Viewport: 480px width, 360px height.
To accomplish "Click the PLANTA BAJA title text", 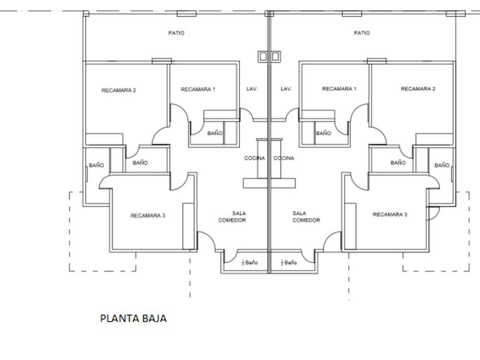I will pyautogui.click(x=133, y=318).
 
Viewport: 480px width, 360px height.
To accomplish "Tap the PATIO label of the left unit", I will pyautogui.click(x=177, y=33).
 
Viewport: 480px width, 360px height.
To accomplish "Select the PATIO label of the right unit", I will pyautogui.click(x=362, y=33).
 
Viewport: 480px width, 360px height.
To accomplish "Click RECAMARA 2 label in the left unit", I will pyautogui.click(x=118, y=90).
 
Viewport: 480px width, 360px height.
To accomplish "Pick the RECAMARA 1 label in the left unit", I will pyautogui.click(x=198, y=89).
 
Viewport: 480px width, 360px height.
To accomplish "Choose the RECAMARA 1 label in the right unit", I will pyautogui.click(x=339, y=89).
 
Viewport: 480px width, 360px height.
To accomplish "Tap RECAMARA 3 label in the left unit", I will pyautogui.click(x=147, y=215).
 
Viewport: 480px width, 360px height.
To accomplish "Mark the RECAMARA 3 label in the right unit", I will pyautogui.click(x=390, y=215).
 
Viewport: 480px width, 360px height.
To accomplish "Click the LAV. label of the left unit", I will pyautogui.click(x=252, y=89).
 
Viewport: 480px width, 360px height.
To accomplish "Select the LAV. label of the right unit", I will pyautogui.click(x=286, y=89).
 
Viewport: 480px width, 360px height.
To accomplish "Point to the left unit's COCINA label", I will pyautogui.click(x=255, y=158).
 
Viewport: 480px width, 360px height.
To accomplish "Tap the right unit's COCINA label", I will pyautogui.click(x=283, y=158).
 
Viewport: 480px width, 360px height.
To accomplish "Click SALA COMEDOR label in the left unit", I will pyautogui.click(x=232, y=217).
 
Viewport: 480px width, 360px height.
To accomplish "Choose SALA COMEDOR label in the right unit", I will pyautogui.click(x=306, y=217).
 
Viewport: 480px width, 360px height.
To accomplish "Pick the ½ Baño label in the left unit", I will pyautogui.click(x=250, y=263).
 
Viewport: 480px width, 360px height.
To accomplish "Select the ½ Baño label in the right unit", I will pyautogui.click(x=289, y=263).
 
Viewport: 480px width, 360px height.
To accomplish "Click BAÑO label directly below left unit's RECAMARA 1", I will pyautogui.click(x=215, y=133).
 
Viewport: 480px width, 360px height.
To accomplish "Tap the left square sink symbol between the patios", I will pyautogui.click(x=263, y=57).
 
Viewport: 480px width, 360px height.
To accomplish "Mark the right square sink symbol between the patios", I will pyautogui.click(x=275, y=57).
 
